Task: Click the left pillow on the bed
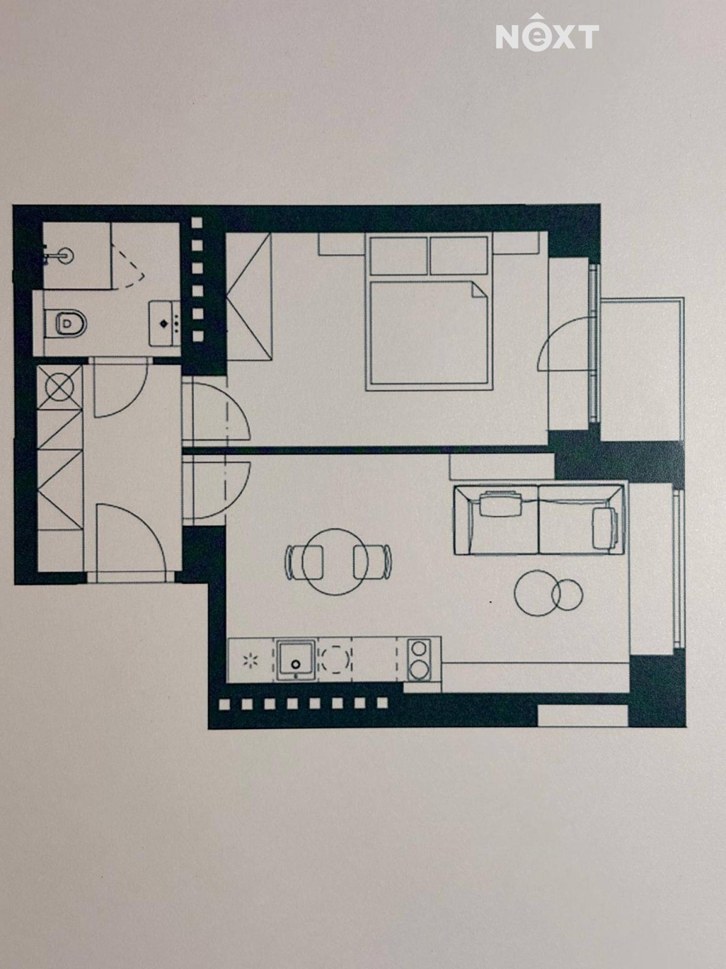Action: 399,256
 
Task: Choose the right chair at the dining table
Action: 372,562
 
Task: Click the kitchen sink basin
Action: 296,659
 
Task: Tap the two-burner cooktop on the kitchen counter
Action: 419,659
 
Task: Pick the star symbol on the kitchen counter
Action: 251,660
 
